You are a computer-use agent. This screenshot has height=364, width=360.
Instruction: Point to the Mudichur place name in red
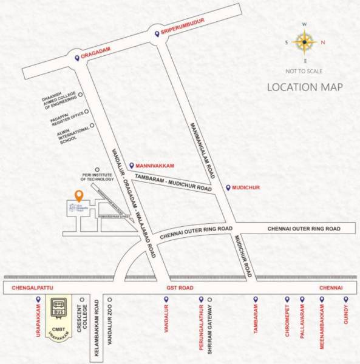tap(246, 188)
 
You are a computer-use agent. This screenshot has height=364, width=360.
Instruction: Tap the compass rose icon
tap(305, 42)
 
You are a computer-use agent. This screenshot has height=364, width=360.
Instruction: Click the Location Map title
tap(305, 87)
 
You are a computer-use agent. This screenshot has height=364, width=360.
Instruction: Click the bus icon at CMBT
tap(58, 305)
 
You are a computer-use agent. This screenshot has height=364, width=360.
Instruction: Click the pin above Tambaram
tap(256, 300)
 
